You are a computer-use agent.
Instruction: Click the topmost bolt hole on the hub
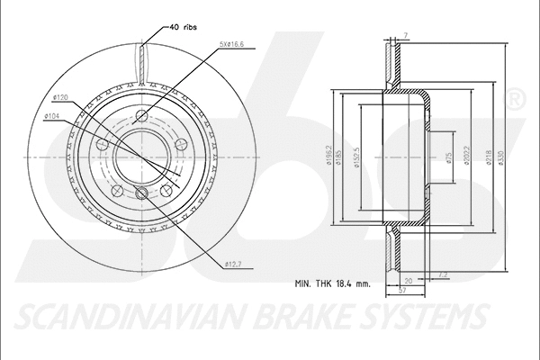(x=144, y=113)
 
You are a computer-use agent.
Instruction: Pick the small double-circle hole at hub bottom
(x=140, y=194)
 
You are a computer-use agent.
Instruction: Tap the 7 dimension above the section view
(x=406, y=34)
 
